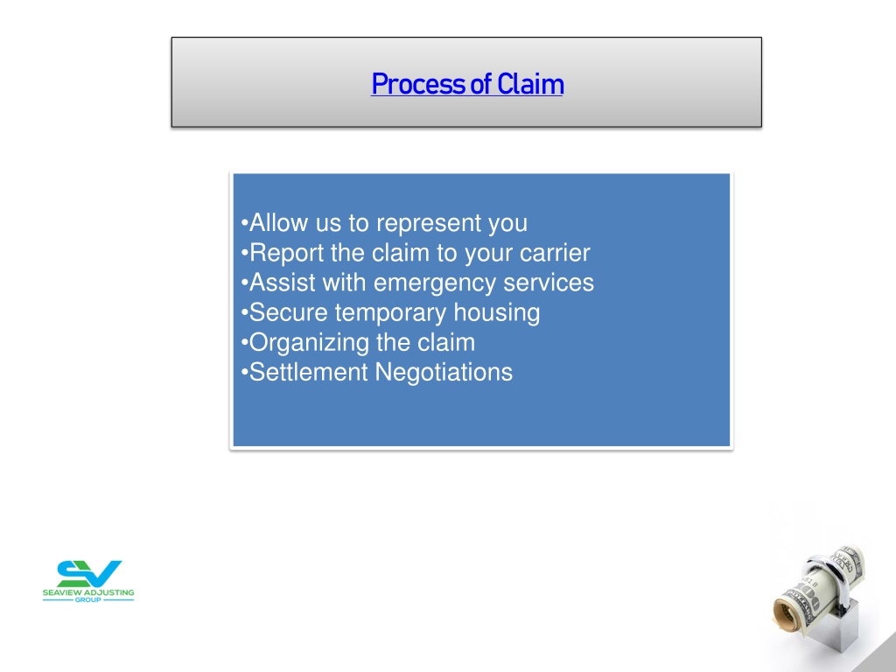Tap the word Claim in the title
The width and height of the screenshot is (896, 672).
click(530, 84)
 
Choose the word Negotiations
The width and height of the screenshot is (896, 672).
click(444, 373)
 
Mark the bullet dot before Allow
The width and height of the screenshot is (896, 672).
click(245, 223)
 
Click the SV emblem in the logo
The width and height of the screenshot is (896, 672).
click(89, 573)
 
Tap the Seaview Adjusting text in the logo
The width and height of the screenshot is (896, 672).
click(88, 592)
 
